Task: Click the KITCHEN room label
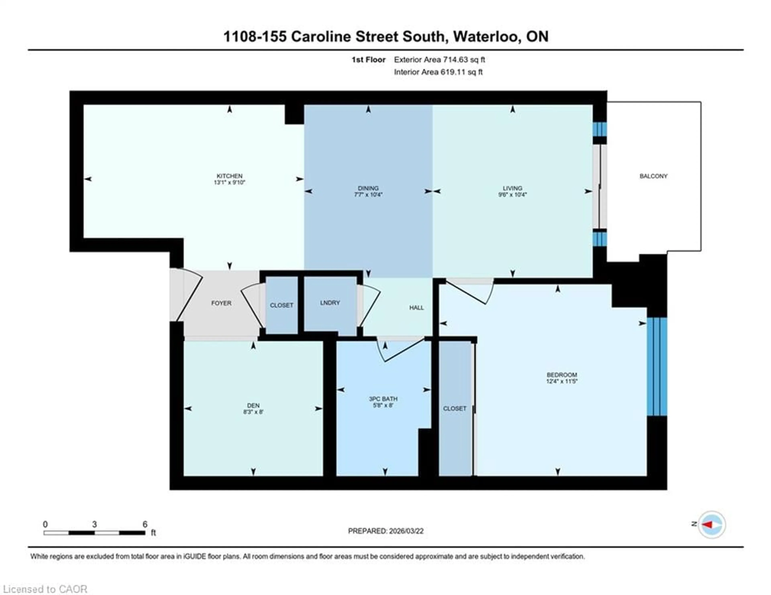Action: coord(229,176)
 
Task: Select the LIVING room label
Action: coord(512,188)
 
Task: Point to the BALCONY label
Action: coord(654,176)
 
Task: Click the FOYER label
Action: coord(221,303)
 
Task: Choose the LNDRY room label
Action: coord(330,303)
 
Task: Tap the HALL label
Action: coord(416,308)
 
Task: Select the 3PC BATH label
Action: coord(383,399)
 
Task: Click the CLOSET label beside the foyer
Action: coord(281,305)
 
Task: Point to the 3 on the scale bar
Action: coord(94,524)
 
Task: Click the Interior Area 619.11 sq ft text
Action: coord(438,72)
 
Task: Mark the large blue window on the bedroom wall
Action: coord(657,367)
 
